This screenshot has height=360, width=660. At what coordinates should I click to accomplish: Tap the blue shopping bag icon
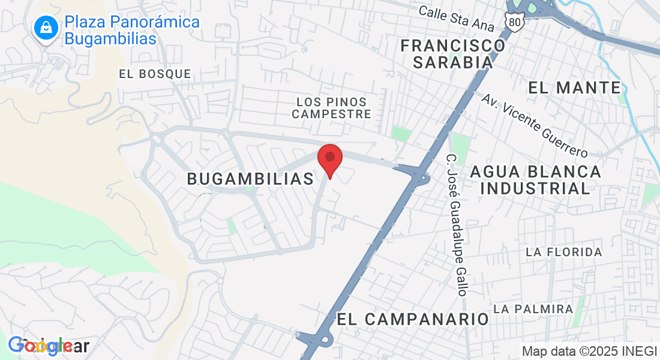[x=46, y=28]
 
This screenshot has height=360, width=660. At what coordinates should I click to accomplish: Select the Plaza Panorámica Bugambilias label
[x=132, y=31]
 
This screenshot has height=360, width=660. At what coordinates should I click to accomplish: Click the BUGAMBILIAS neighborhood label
[x=250, y=178]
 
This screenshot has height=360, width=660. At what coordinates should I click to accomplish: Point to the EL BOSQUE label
[x=155, y=74]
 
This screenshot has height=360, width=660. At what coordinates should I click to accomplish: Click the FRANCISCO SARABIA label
[x=453, y=53]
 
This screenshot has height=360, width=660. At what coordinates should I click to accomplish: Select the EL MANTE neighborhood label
[x=574, y=88]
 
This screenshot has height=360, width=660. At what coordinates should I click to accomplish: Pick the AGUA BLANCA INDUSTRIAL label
[x=535, y=179]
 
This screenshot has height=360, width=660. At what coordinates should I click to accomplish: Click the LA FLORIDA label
[x=563, y=252]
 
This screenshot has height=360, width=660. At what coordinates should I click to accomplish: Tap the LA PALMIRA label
[x=533, y=308]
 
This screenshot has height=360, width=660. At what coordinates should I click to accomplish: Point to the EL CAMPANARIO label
[x=413, y=319]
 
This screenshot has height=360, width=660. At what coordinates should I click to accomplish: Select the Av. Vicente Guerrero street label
[x=535, y=125]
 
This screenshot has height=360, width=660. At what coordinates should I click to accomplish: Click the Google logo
[x=48, y=346]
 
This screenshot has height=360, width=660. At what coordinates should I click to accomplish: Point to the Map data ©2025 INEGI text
[x=590, y=352]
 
